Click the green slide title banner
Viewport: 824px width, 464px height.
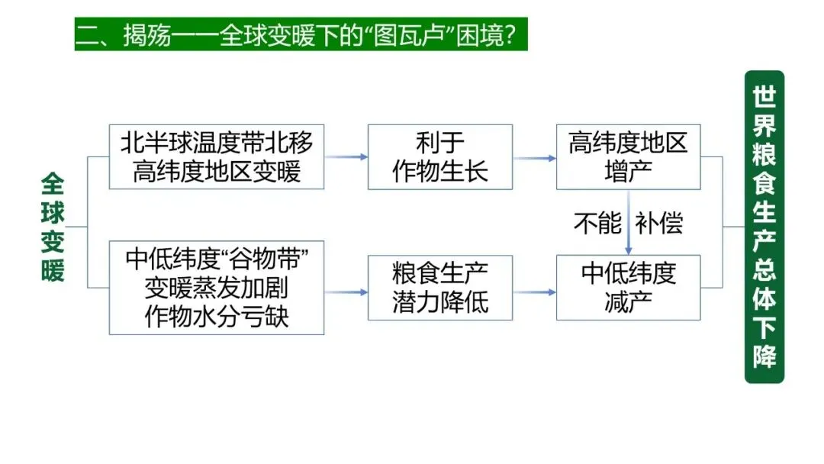click(301, 34)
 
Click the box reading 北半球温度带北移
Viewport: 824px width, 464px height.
click(216, 156)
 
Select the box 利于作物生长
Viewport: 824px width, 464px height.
click(440, 156)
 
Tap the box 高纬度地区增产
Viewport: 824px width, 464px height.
click(628, 156)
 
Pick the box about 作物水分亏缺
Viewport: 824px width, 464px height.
click(216, 288)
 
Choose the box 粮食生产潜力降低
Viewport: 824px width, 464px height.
click(440, 288)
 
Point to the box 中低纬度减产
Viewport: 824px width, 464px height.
click(628, 288)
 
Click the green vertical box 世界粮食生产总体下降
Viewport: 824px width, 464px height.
click(764, 227)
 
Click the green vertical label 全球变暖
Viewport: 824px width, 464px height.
click(53, 227)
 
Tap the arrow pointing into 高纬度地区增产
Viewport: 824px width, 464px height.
click(534, 158)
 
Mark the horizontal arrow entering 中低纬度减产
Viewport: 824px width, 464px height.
click(534, 292)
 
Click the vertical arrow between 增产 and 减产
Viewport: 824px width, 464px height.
click(628, 222)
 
